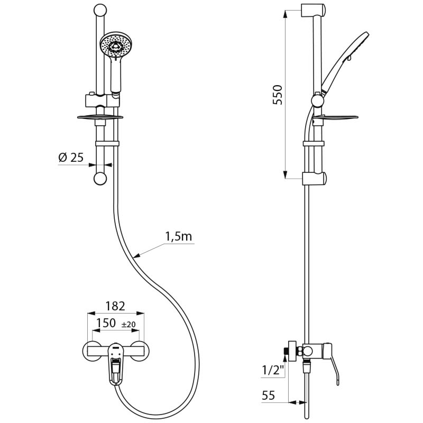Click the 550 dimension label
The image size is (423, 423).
[x=279, y=95]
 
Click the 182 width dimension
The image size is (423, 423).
[x=115, y=306]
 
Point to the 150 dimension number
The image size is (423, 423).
[x=106, y=323]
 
